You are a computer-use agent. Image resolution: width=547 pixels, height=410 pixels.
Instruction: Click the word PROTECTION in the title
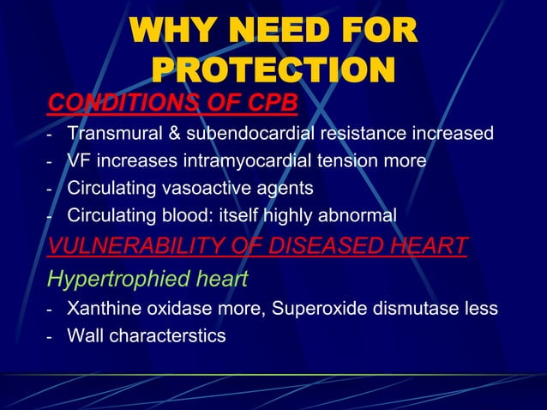pos(273,69)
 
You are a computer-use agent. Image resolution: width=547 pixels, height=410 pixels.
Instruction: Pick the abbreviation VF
pos(80,160)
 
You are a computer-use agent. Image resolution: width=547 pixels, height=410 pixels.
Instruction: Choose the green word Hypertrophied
pos(110,278)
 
